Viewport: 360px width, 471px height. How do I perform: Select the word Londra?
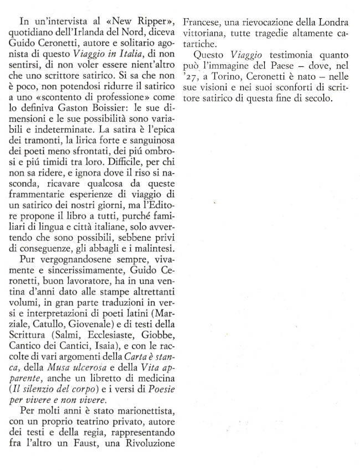330,23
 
